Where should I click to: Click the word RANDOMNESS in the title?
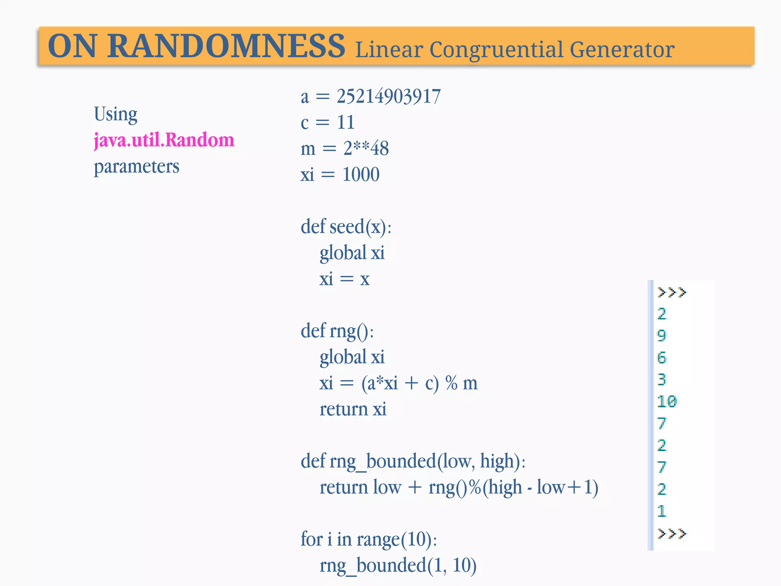(x=226, y=47)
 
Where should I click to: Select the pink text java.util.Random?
(x=164, y=140)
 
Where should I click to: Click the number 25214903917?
(x=389, y=96)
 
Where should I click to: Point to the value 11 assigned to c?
(x=346, y=122)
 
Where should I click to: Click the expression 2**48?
(x=366, y=148)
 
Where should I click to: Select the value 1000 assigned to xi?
(x=361, y=174)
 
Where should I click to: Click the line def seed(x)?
(x=346, y=227)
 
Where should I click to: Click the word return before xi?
(x=343, y=409)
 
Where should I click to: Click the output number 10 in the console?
(x=667, y=401)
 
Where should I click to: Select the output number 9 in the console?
(x=662, y=335)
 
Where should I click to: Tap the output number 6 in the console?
(x=662, y=357)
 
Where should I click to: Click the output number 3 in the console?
(x=662, y=379)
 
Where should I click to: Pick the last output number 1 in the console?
(x=662, y=511)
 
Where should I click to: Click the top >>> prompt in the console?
(x=672, y=292)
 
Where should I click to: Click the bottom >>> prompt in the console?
(x=672, y=533)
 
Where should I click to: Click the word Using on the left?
(x=116, y=114)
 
